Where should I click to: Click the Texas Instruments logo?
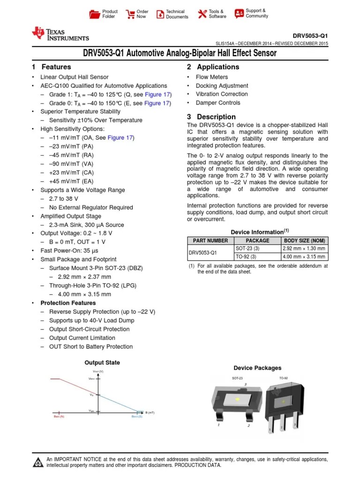coord(60,34)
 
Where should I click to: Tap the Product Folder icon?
coord(95,14)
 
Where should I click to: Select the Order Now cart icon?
coord(130,14)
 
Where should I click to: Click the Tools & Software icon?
coord(202,14)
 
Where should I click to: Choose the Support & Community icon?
coord(239,13)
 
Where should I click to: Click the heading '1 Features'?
coord(52,67)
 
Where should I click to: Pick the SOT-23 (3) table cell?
coord(246,248)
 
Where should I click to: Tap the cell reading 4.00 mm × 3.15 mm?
coord(304,257)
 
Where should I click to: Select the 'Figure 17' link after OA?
coord(120,138)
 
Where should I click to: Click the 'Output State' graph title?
coord(102,362)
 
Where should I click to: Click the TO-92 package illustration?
coord(283,405)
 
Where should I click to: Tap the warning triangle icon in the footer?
coord(37,463)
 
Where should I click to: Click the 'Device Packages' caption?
coord(257,368)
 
